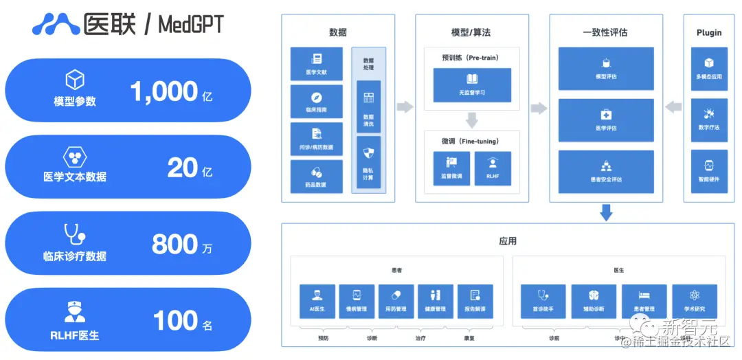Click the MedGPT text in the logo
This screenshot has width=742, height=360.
point(190,25)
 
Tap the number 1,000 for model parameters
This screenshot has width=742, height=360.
point(164,91)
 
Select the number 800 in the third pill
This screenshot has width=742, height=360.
point(174,244)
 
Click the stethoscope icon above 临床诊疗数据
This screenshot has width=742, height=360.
point(74,235)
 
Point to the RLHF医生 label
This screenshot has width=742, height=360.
point(74,335)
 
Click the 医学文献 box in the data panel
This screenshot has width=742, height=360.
point(316,64)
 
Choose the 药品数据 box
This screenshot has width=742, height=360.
point(316,177)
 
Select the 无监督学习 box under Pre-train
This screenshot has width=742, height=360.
point(472,85)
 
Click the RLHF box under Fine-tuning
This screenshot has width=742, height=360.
point(493,168)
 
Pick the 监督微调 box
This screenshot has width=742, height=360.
point(451,168)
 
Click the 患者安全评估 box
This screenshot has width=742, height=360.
point(606,171)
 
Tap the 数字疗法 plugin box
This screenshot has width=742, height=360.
point(709,120)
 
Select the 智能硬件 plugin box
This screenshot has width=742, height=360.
point(709,170)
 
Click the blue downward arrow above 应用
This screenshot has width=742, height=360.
point(606,212)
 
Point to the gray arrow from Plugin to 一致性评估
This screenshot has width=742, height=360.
point(674,107)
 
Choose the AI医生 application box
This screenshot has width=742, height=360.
point(317,302)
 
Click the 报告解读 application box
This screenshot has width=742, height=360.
point(475,302)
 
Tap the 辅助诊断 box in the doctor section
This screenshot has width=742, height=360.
point(594,302)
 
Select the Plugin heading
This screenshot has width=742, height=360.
point(709,32)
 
